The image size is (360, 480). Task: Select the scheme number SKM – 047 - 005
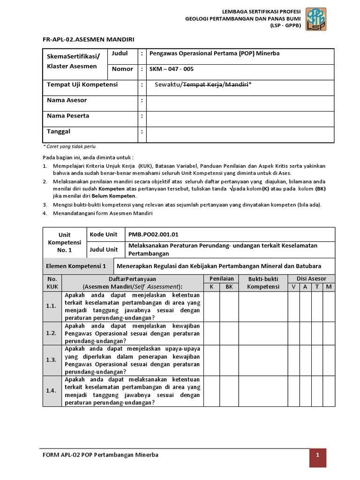(172, 69)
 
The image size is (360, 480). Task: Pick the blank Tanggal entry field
(240, 134)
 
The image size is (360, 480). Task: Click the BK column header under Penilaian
(229, 286)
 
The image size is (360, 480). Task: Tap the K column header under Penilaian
(211, 286)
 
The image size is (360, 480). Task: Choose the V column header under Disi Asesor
(293, 286)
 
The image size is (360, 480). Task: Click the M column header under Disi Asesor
(329, 286)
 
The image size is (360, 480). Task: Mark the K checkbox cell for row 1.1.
(211, 306)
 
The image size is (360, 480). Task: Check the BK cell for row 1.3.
(229, 360)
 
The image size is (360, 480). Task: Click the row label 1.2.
(52, 333)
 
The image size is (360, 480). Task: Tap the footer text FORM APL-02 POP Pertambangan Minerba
(100, 455)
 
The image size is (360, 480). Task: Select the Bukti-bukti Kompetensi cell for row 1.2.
(263, 333)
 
